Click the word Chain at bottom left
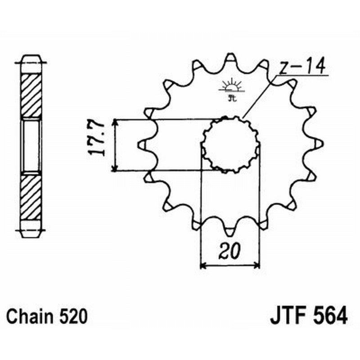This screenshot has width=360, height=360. point(31,316)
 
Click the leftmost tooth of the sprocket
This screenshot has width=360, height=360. point(141,144)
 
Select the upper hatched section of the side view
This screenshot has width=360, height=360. point(31,95)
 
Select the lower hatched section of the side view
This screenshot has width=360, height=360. point(31,195)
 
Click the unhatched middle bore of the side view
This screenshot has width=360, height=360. point(31,145)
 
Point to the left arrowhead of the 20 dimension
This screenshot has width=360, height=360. point(202,265)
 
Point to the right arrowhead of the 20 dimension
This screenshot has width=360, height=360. point(257,265)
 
